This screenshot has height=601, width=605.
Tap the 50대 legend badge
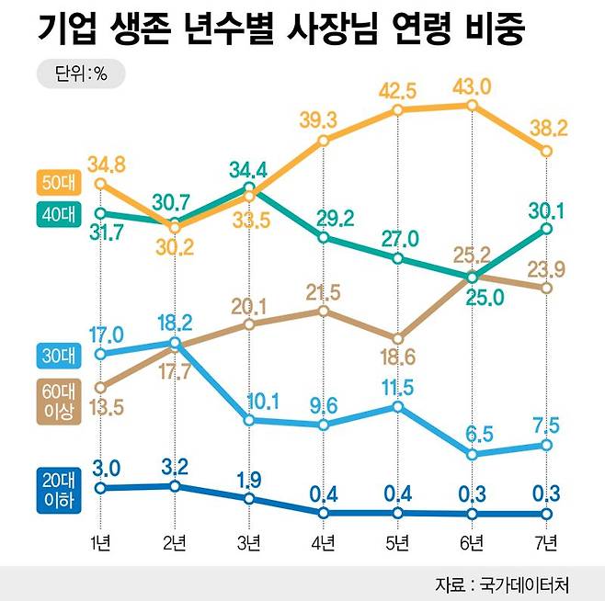click(57, 184)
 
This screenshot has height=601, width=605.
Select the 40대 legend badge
click(57, 214)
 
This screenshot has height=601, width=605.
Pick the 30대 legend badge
click(57, 354)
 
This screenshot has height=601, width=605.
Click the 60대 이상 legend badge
click(57, 401)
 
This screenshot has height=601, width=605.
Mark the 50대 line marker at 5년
click(397, 109)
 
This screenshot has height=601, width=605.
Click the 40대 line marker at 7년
click(546, 228)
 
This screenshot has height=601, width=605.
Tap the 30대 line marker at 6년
click(472, 454)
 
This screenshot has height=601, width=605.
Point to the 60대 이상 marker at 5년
click(397, 337)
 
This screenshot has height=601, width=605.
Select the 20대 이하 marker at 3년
click(248, 499)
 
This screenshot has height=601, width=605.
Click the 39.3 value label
click(323, 119)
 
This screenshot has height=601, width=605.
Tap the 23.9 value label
click(545, 267)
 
